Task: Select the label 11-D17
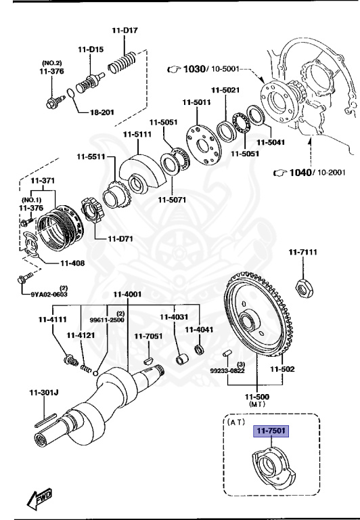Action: (125, 30)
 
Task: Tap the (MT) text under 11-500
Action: (257, 404)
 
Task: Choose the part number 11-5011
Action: (196, 102)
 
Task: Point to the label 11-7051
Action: (148, 336)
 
